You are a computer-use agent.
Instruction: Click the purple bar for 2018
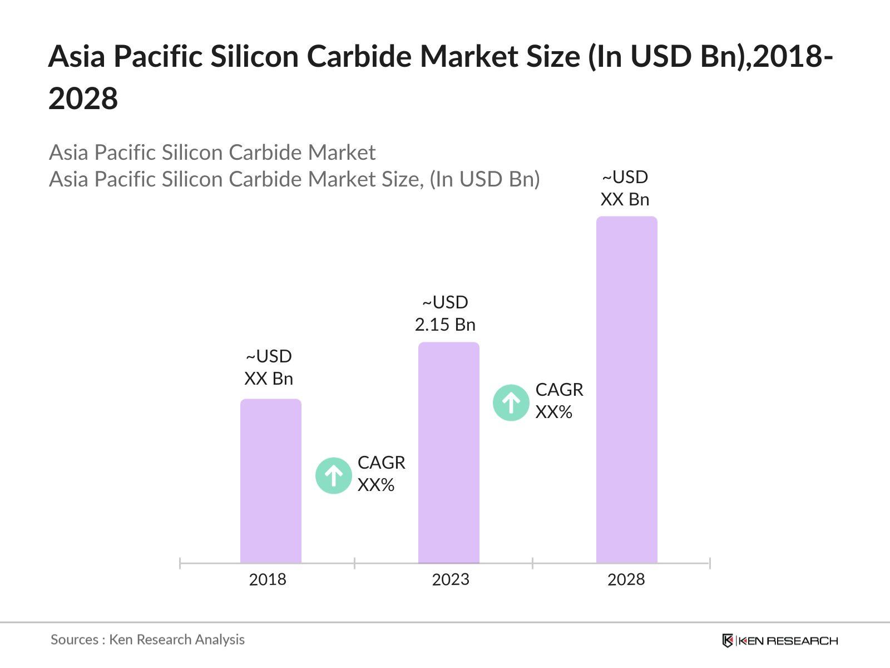point(270,482)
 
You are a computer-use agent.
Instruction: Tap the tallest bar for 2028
point(626,390)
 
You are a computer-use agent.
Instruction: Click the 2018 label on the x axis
point(268,579)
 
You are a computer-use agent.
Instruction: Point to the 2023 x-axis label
point(451,579)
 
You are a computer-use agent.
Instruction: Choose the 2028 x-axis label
point(626,579)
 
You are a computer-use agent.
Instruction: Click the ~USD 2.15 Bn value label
point(445,313)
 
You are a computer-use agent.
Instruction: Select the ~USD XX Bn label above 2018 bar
point(269,367)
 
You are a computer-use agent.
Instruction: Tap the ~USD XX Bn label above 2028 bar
point(625,188)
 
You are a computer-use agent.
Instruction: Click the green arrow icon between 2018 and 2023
point(333,475)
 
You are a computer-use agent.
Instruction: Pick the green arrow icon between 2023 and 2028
point(511,402)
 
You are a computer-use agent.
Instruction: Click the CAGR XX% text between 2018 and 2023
point(381,474)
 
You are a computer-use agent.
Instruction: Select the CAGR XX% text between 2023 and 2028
point(559,401)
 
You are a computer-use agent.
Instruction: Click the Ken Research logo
point(779,641)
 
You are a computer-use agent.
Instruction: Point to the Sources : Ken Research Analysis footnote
point(147,640)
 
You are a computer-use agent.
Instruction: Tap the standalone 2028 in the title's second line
point(83,99)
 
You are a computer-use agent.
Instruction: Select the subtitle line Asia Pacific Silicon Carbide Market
point(212,153)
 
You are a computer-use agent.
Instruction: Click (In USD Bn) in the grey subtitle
point(484,179)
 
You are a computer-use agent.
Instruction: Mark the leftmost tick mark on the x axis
point(180,563)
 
